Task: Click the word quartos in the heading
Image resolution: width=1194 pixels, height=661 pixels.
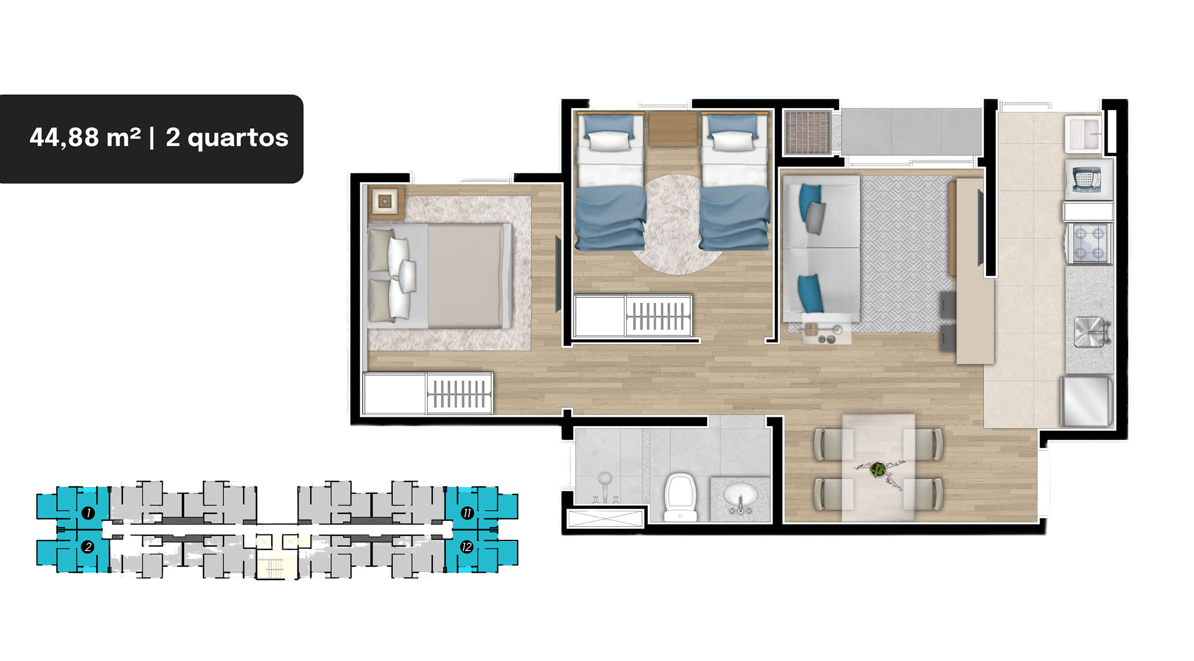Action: pos(238,138)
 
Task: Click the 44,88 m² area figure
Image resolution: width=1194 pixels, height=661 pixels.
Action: pos(85,137)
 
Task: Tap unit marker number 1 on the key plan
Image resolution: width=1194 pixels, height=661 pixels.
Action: pos(88,513)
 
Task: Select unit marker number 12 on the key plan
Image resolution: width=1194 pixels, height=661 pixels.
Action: pos(466,547)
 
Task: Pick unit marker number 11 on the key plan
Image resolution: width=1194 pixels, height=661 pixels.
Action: pos(467,513)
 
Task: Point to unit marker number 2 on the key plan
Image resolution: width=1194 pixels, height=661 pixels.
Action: pos(88,547)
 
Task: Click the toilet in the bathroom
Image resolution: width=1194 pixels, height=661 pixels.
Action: pos(680,497)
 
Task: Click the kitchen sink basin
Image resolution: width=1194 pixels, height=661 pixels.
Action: pos(1089,331)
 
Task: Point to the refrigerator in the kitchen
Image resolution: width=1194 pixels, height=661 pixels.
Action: pos(1087,401)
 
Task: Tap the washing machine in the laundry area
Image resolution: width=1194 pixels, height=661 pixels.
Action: pos(1089,179)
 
